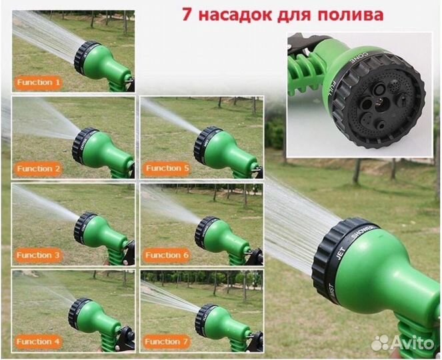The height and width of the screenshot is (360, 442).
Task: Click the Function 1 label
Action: coord(39,82)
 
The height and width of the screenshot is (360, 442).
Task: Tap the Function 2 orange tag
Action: coord(39,169)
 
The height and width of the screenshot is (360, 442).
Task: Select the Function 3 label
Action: coord(39,255)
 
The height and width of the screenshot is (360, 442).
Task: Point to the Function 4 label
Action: coord(39,341)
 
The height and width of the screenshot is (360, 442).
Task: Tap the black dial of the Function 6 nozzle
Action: coord(205,231)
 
